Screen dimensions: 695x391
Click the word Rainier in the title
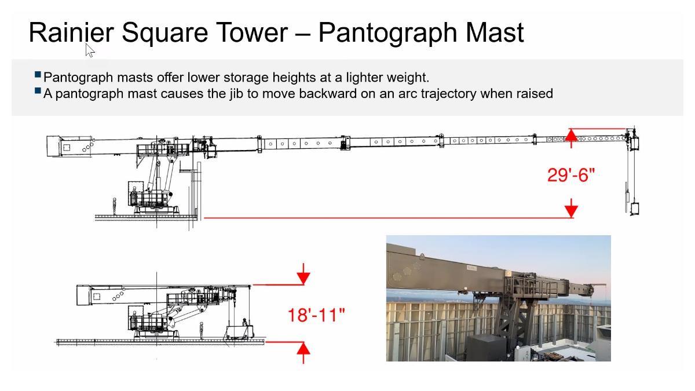(x=71, y=32)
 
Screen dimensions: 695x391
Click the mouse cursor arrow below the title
(x=90, y=50)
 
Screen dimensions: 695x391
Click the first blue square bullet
(x=38, y=75)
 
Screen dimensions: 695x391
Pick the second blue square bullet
(x=38, y=90)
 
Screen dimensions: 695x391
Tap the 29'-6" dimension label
(x=571, y=176)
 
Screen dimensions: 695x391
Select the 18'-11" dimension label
(x=316, y=315)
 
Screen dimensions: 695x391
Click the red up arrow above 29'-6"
(x=571, y=138)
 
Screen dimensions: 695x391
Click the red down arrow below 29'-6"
(x=571, y=208)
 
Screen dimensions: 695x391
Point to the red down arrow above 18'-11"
(x=303, y=273)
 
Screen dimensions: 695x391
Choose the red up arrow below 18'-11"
(x=303, y=353)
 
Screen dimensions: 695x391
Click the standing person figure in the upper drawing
(x=114, y=206)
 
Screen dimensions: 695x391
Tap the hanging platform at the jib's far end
(x=635, y=209)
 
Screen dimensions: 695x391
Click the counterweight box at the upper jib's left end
(x=53, y=146)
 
